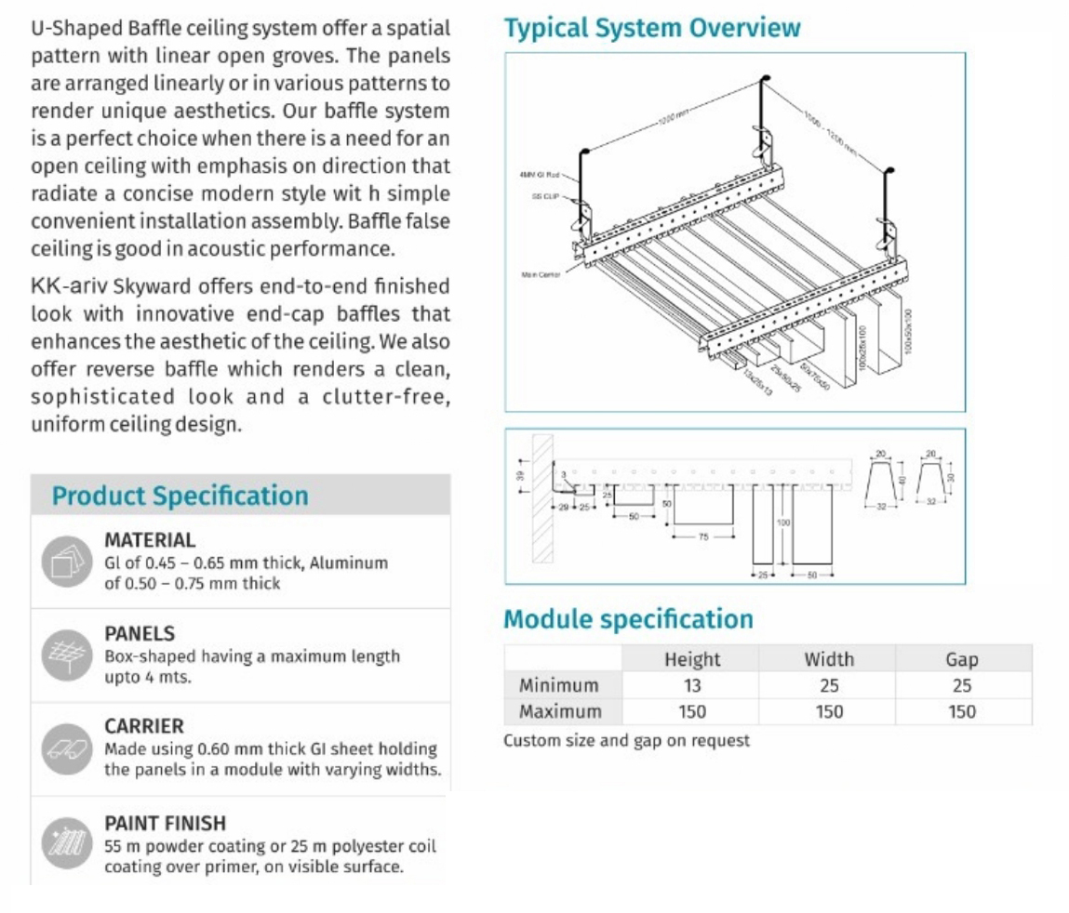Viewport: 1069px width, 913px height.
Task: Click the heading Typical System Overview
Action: (x=651, y=28)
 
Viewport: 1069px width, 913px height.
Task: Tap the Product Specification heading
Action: (x=180, y=496)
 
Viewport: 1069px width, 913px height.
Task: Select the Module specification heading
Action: (x=628, y=619)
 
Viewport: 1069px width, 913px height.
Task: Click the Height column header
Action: (x=691, y=659)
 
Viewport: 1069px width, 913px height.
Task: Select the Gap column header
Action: (x=961, y=659)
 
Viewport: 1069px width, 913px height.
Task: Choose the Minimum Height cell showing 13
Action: (x=691, y=685)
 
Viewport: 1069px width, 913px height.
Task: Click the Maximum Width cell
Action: (x=828, y=711)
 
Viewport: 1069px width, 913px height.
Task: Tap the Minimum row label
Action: (x=558, y=685)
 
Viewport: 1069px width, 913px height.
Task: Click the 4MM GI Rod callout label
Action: (x=539, y=174)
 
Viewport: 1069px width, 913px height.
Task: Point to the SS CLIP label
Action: (x=544, y=196)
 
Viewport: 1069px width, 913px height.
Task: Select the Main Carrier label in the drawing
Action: (x=541, y=274)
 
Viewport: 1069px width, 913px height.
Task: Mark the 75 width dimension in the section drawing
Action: (x=702, y=536)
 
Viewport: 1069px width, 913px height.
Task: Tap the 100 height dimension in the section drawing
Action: (x=782, y=523)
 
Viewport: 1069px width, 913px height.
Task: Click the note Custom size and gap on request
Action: (x=626, y=740)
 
